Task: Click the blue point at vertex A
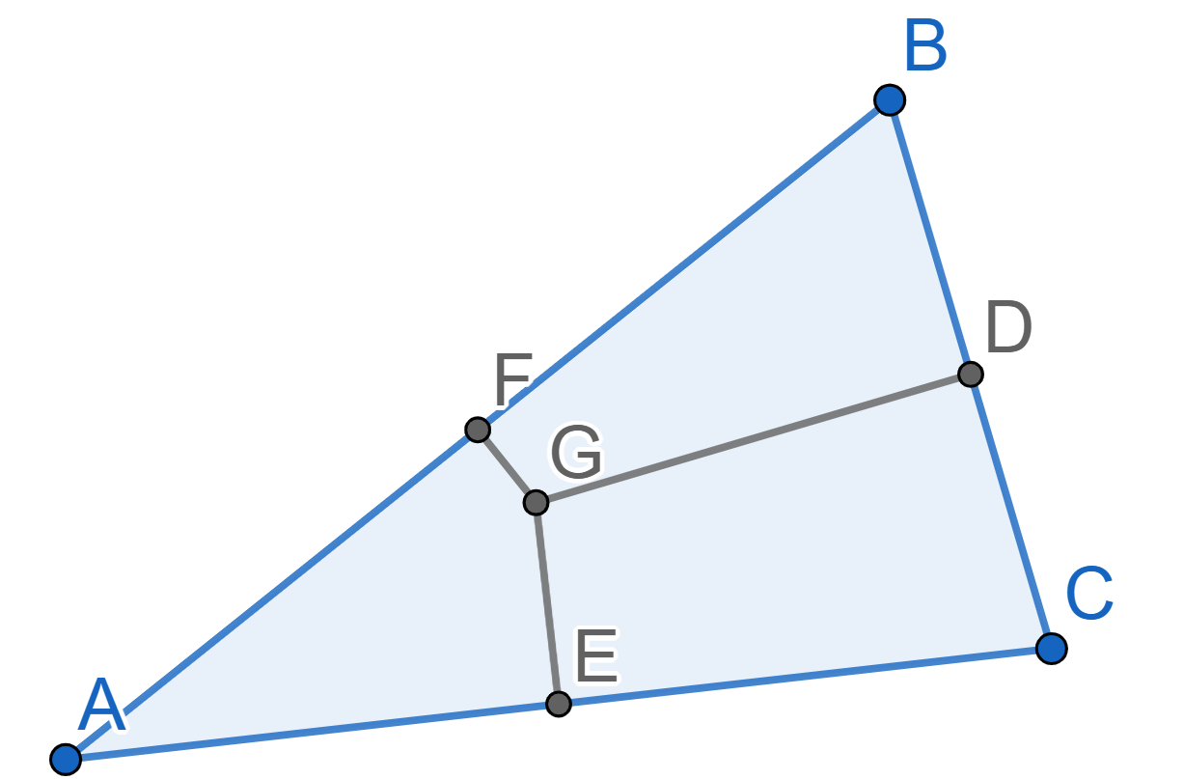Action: click(66, 760)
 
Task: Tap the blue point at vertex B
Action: click(890, 99)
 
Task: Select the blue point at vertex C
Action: click(1052, 649)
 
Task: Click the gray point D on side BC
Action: click(971, 375)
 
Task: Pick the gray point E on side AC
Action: click(558, 704)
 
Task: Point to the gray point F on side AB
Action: click(478, 430)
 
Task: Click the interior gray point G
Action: click(536, 502)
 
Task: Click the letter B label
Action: click(925, 46)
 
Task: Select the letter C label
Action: click(1089, 593)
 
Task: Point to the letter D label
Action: click(1008, 326)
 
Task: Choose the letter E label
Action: click(596, 655)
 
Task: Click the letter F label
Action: click(512, 379)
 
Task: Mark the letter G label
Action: click(576, 452)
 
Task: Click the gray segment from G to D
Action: click(754, 438)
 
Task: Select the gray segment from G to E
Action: click(547, 603)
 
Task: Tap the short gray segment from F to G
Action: click(507, 466)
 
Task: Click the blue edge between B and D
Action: click(930, 236)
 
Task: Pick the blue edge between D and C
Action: click(1011, 512)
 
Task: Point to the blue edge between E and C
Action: click(805, 677)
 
